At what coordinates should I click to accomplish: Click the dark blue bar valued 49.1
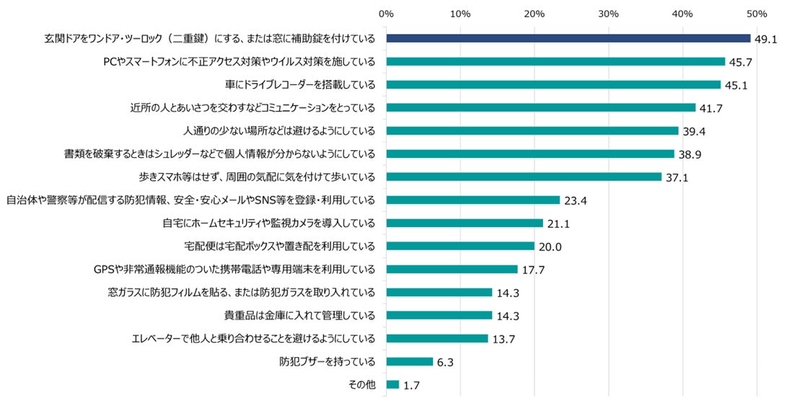[x=568, y=38]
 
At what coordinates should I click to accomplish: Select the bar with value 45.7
[x=555, y=61]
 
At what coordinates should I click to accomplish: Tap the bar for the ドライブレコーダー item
[x=553, y=84]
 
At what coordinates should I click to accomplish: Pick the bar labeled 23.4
[x=472, y=200]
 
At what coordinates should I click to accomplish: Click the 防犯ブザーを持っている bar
[x=409, y=361]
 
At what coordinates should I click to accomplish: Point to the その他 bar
[x=392, y=384]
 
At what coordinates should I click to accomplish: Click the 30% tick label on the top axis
[x=609, y=14]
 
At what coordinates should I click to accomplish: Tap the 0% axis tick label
[x=386, y=14]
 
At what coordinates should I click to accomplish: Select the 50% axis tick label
[x=757, y=14]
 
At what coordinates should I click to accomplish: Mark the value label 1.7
[x=412, y=386]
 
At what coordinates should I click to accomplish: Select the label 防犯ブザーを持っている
[x=327, y=361]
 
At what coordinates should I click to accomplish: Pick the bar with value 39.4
[x=532, y=131]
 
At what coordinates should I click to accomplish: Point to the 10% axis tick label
[x=460, y=14]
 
